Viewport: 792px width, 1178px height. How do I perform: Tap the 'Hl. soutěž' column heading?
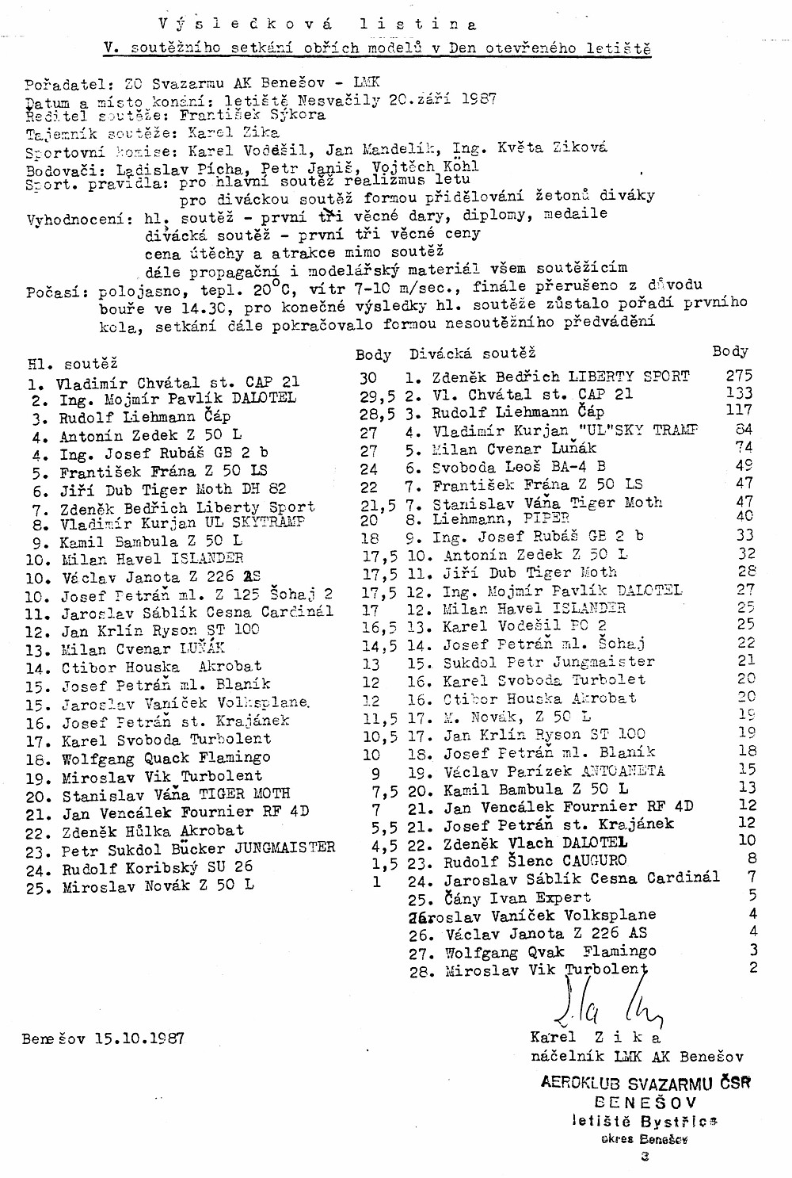72,364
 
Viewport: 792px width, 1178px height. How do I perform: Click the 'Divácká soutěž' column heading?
472,354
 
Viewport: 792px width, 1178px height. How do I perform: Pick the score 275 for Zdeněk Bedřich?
738,376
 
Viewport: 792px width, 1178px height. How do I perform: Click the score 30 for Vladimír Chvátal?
368,378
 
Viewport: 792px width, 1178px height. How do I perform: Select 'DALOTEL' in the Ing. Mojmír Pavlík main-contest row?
262,398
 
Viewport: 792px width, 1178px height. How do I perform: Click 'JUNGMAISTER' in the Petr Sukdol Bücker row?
284,847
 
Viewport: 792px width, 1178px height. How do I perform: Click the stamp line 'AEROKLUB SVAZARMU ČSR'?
645,1083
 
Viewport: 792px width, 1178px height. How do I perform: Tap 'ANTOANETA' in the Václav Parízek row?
623,770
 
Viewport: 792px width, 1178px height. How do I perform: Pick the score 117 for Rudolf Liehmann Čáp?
738,411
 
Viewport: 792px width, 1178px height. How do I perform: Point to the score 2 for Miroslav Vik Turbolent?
753,967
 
